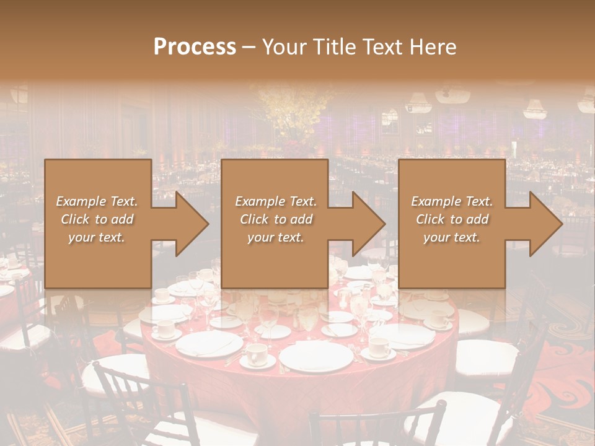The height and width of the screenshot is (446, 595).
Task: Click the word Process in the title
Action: [195, 47]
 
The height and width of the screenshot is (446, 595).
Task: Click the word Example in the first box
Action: [80, 201]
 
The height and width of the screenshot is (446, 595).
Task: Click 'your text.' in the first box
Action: [97, 237]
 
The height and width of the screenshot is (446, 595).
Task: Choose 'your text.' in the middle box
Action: [275, 237]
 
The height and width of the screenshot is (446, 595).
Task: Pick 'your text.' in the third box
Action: [452, 237]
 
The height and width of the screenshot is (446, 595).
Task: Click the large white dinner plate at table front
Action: [315, 357]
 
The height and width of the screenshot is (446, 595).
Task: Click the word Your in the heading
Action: [285, 47]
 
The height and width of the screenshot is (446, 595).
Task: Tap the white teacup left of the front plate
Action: [256, 354]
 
